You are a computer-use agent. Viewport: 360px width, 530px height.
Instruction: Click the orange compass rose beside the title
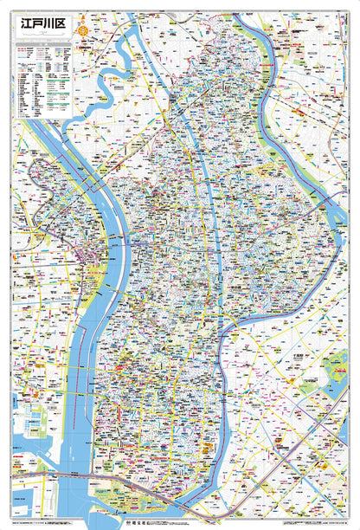pos(81,30)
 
